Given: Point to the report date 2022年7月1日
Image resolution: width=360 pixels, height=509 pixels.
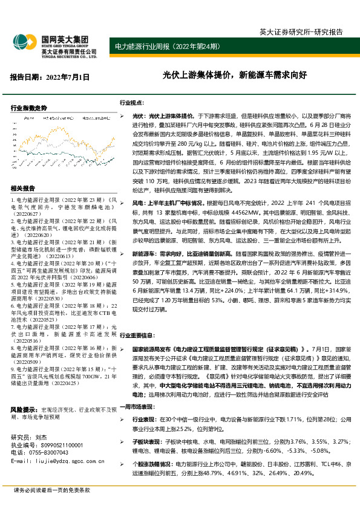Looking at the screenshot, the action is click(x=50, y=77).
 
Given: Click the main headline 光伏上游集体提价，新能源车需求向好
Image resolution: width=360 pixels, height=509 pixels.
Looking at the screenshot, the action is click(x=235, y=77).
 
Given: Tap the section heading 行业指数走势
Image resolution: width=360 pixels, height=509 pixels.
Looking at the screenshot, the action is click(x=28, y=108).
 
